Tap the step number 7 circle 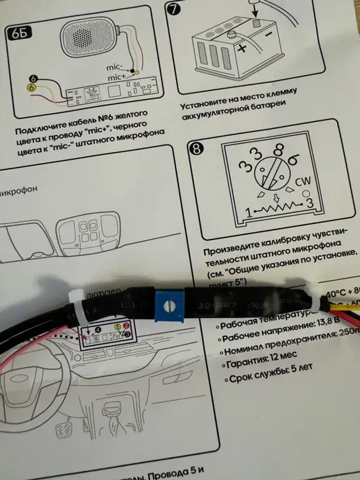pyautogui.click(x=174, y=8)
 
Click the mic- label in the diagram pyautogui.click(x=114, y=67)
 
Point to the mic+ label pyautogui.click(x=117, y=77)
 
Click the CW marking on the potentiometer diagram pyautogui.click(x=302, y=182)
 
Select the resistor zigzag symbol pyautogui.click(x=278, y=208)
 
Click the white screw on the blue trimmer pyautogui.click(x=167, y=306)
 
